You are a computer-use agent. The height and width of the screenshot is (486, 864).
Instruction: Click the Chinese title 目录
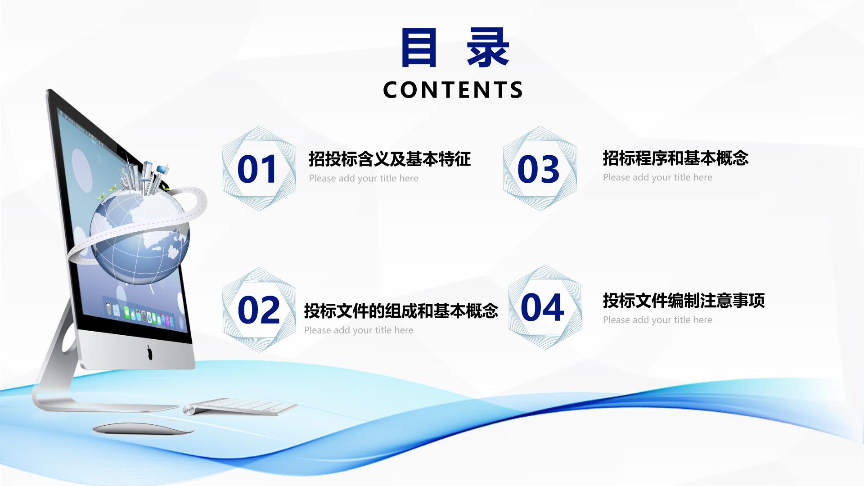pyautogui.click(x=454, y=47)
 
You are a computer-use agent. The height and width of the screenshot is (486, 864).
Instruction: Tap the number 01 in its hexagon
pyautogui.click(x=257, y=169)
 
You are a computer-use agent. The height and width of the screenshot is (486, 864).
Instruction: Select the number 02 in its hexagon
pyautogui.click(x=259, y=310)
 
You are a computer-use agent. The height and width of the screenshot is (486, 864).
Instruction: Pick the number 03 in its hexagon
pyautogui.click(x=538, y=169)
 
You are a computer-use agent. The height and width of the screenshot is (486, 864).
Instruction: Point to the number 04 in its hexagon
pyautogui.click(x=542, y=307)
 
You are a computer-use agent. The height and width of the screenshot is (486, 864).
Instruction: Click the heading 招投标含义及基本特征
pyautogui.click(x=390, y=159)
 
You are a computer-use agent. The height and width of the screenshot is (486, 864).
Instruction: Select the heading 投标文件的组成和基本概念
pyautogui.click(x=401, y=310)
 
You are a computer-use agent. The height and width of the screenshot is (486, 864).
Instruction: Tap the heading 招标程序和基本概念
pyautogui.click(x=675, y=158)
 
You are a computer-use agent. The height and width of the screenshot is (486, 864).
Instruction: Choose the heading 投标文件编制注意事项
pyautogui.click(x=684, y=301)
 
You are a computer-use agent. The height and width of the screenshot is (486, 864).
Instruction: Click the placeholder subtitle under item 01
pyautogui.click(x=364, y=179)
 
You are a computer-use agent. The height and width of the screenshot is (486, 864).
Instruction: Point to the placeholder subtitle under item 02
pyautogui.click(x=359, y=330)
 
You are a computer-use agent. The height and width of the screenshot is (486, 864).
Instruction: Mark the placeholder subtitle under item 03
pyautogui.click(x=657, y=177)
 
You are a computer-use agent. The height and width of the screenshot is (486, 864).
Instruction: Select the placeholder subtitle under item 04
pyautogui.click(x=657, y=320)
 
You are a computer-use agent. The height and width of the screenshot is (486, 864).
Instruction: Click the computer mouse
pyautogui.click(x=144, y=427)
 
